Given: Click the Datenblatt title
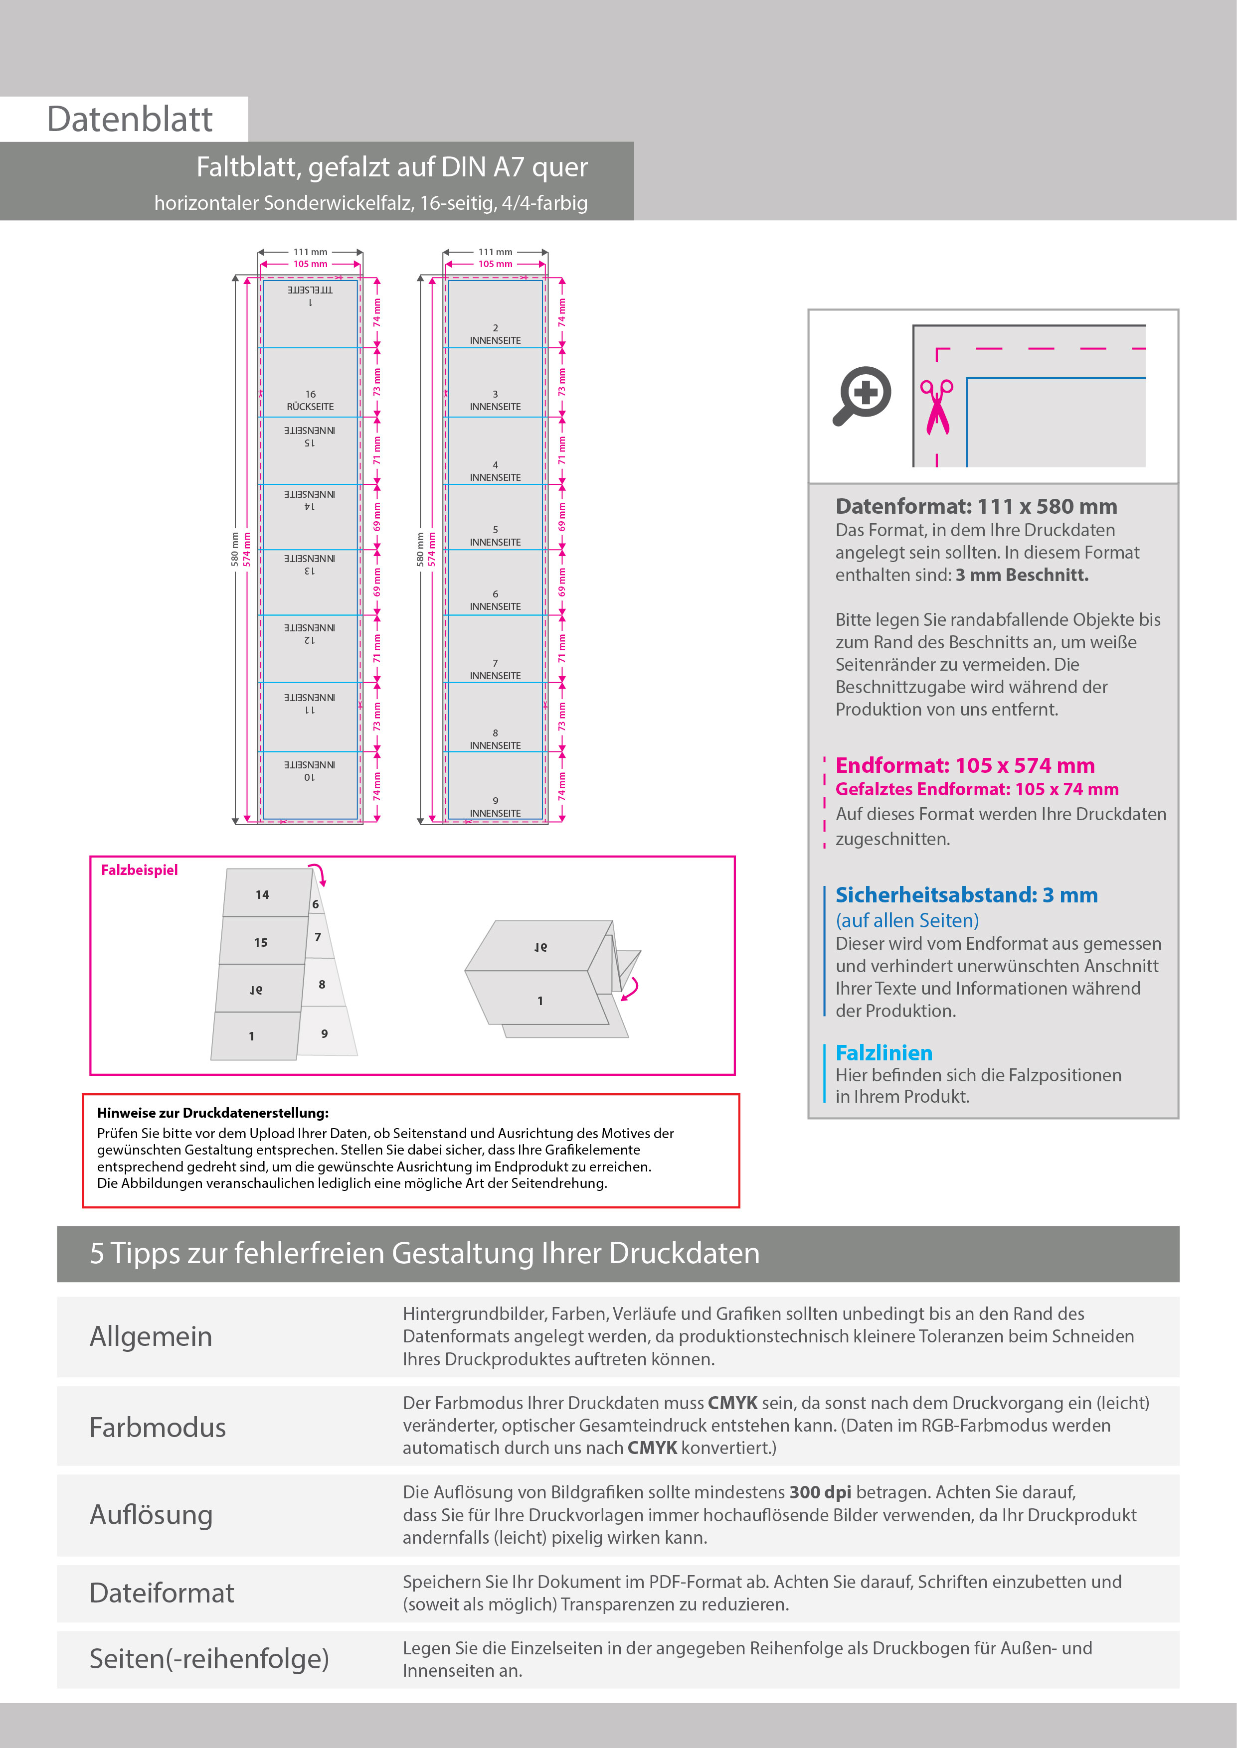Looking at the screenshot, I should point(130,120).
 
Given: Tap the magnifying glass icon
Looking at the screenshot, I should point(862,395).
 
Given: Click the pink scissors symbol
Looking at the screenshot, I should point(937,407).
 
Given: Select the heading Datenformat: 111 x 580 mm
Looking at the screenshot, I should point(976,506).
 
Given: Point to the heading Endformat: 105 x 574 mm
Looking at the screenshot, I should point(964,765).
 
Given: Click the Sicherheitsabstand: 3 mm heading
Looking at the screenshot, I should point(966,894).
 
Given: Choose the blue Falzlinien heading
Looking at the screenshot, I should point(884,1053).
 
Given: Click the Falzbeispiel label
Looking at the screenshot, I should point(140,870).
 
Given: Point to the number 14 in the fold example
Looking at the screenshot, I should point(262,894).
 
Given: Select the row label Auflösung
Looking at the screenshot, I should point(151,1515).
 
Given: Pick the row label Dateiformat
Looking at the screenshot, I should point(162,1593).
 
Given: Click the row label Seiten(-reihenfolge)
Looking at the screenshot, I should point(209,1658).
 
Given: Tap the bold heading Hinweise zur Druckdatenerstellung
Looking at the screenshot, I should point(212,1113).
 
